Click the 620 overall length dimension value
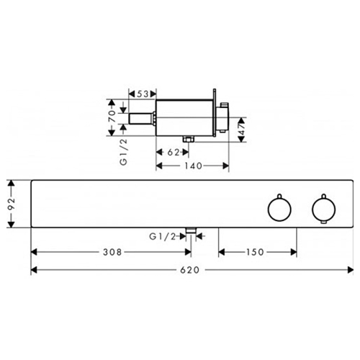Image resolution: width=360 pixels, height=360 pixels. click(x=189, y=270)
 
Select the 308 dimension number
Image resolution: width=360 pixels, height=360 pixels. click(x=112, y=252)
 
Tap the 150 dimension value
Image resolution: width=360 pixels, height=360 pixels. click(x=255, y=252)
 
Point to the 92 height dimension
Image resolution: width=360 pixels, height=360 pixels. click(x=12, y=204)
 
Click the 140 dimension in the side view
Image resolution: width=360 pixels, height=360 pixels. click(x=193, y=166)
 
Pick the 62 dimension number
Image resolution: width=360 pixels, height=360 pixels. click(x=174, y=152)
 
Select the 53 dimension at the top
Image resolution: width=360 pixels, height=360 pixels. click(x=143, y=94)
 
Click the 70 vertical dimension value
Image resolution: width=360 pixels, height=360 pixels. click(x=112, y=117)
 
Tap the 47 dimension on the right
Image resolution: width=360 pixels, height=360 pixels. click(x=242, y=129)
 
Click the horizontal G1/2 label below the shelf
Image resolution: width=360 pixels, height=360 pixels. click(x=163, y=237)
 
